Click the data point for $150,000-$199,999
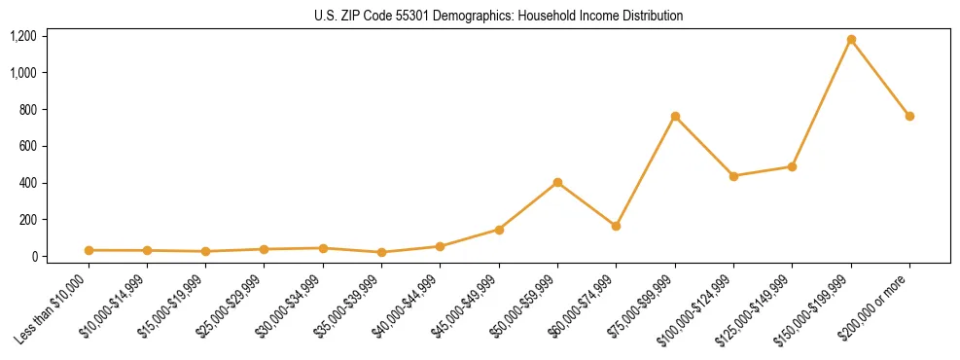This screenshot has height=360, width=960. pos(851,40)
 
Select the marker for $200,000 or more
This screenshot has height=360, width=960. pos(909,116)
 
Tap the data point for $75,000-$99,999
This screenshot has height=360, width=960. pos(675,117)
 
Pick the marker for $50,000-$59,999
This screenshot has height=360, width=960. pos(557,183)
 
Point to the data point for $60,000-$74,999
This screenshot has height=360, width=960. pos(616,226)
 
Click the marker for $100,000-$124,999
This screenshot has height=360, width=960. pos(733,176)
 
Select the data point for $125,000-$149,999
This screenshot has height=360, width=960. pos(792,166)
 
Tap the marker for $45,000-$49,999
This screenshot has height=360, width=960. pos(499,230)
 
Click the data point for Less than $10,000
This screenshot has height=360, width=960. pos(89,250)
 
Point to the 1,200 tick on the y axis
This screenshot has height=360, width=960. pos(23,36)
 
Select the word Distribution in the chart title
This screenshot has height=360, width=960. pos(652,16)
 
